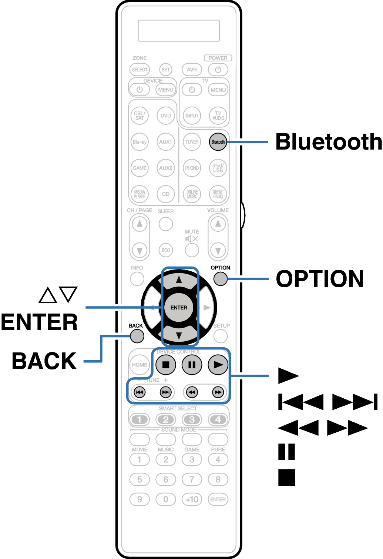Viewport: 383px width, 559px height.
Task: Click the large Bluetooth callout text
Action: coord(329,142)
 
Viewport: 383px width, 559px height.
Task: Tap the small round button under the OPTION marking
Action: coord(221,279)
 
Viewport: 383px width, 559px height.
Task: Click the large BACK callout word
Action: coord(44,361)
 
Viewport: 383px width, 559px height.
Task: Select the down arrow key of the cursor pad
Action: coord(179,335)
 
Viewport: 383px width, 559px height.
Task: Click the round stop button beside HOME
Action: coord(166,365)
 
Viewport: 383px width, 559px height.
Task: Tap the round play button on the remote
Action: coord(218,365)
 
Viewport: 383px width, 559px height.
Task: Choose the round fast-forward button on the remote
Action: coord(218,392)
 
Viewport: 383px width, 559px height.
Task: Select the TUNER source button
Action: coord(192,142)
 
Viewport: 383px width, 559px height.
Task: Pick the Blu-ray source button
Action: coord(140,142)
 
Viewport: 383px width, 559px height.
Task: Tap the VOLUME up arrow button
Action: coord(218,224)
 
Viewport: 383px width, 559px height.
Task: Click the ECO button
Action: coord(166,250)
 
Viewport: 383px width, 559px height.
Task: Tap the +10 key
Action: coord(192,499)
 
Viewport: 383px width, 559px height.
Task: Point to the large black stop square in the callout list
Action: coord(287,477)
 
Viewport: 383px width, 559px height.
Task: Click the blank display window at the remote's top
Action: coord(179,31)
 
